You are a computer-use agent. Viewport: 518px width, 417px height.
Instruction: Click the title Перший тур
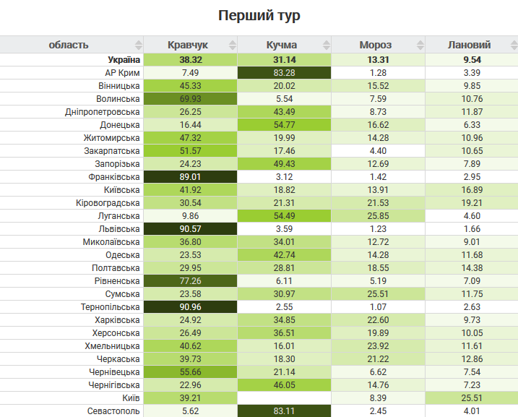click(259, 15)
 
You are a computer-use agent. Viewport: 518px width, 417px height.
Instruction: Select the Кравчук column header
click(190, 45)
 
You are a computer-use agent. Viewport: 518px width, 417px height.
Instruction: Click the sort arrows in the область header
click(138, 45)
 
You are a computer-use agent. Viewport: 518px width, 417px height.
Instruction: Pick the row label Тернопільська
click(110, 306)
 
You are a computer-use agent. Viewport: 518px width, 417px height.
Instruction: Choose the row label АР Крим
click(122, 72)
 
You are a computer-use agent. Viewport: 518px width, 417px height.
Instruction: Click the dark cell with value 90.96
click(190, 306)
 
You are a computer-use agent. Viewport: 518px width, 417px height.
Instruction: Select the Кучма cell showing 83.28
click(284, 72)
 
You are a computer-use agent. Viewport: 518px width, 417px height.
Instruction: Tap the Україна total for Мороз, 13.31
click(378, 59)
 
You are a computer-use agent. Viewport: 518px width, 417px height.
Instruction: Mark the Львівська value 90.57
click(190, 228)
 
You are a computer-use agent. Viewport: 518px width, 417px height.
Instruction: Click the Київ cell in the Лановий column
click(472, 397)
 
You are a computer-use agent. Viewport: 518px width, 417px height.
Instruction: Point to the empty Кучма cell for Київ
click(284, 397)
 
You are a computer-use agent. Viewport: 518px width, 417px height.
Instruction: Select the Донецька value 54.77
click(284, 124)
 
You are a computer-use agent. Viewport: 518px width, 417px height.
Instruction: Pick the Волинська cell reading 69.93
click(190, 98)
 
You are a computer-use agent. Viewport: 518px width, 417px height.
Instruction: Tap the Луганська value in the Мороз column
click(378, 215)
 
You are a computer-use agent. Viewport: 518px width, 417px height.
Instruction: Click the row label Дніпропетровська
click(102, 111)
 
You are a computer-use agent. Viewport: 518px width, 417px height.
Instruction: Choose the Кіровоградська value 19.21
click(472, 202)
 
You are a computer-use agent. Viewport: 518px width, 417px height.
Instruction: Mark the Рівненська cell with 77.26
click(190, 280)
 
